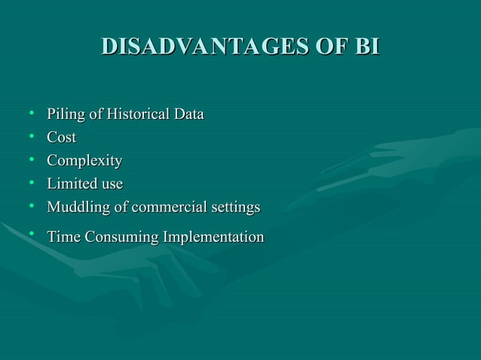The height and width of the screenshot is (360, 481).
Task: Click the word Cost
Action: pos(62,138)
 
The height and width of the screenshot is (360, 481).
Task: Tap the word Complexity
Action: pos(84,161)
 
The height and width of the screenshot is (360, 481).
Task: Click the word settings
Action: pos(234,208)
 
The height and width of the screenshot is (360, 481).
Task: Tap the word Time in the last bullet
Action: pos(63,237)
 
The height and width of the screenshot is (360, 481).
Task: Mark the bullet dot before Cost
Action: pos(32,137)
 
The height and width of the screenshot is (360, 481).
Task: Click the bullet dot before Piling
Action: pos(32,114)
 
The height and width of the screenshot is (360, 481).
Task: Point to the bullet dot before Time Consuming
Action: pos(32,235)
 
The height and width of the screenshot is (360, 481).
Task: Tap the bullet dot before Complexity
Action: pos(32,160)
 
